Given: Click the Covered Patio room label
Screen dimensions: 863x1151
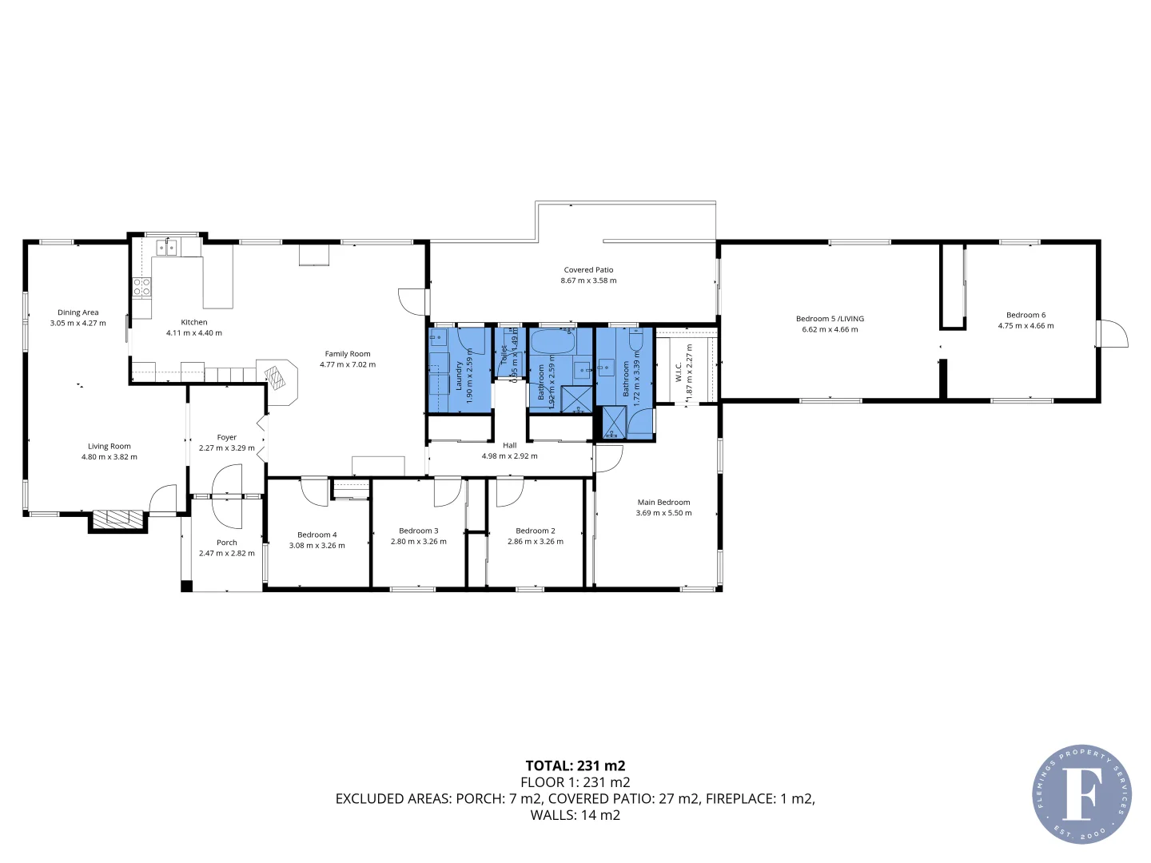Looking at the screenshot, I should coord(588,270).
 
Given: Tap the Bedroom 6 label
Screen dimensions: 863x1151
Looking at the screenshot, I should coord(1026,315).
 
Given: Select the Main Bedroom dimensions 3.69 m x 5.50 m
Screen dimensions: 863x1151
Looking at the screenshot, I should coord(663,513).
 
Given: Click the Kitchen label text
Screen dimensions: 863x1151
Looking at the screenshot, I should coord(194,322).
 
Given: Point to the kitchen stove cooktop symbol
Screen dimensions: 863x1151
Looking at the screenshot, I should coord(141,287).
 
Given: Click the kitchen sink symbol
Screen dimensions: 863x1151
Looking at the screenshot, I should coord(166,248).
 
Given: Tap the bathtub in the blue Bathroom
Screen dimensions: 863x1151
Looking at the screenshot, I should coord(553,342).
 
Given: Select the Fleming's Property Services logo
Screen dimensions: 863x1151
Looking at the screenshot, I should coord(1081,794).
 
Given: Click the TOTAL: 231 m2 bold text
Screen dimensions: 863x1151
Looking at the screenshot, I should coord(575,766).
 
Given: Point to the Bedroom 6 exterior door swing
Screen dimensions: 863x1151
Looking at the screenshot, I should coord(1113,334).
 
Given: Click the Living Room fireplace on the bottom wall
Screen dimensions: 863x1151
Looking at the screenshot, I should coord(117,519).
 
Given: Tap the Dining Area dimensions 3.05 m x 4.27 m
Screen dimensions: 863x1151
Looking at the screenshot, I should coord(78,324).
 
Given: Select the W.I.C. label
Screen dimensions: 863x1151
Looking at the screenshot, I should coord(679,372).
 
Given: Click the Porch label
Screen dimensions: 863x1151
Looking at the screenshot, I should coord(227,543).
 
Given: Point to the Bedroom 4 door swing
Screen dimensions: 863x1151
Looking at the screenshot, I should coord(314,491).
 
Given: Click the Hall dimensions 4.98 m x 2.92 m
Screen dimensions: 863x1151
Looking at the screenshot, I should coord(509,456).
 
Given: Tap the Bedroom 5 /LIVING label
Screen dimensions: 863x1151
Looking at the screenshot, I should coord(830,319).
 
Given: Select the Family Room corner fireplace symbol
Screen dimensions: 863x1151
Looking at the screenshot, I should coord(276,376).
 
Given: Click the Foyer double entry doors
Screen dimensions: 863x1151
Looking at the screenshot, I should coord(227,497).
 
